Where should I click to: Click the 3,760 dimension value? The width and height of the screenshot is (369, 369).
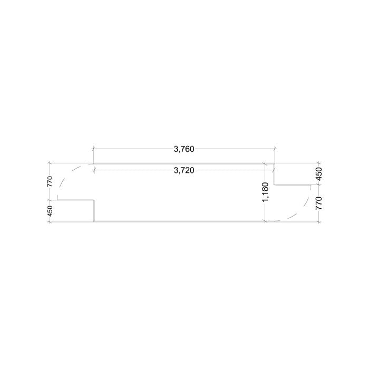184,149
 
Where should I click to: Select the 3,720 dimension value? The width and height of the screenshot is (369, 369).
184,170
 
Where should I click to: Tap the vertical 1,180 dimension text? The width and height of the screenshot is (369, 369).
265,192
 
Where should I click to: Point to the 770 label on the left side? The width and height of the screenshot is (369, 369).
50,181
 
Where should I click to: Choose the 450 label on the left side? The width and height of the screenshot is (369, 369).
50,211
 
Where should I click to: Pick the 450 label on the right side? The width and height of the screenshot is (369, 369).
318,174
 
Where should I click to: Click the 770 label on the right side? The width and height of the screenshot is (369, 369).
318,203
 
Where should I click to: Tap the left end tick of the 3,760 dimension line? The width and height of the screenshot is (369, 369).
93,149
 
